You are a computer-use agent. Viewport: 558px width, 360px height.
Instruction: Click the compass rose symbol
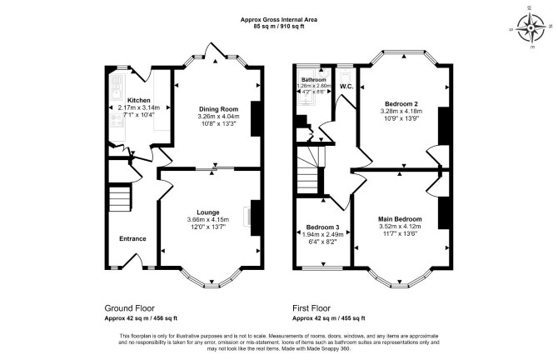click(531, 27)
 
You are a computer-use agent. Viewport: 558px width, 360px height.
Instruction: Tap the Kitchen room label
click(139, 100)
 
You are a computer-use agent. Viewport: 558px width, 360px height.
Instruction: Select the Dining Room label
click(218, 109)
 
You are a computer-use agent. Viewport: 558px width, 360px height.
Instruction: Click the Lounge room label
click(208, 212)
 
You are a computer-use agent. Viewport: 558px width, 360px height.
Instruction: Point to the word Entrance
click(132, 238)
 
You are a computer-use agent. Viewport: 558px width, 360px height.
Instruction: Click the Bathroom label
click(313, 80)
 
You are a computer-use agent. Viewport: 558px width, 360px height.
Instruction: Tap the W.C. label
click(346, 87)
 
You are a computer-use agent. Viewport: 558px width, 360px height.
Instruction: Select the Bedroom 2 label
click(401, 104)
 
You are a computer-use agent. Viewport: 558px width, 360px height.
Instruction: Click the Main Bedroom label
click(400, 219)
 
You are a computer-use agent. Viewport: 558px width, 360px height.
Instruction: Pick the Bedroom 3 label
click(323, 227)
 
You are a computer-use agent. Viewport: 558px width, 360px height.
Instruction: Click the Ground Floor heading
click(130, 308)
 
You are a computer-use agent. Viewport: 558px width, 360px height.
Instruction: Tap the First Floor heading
click(311, 308)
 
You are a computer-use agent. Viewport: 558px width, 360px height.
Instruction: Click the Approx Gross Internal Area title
click(279, 20)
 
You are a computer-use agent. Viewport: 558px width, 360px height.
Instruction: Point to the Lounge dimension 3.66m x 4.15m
click(208, 220)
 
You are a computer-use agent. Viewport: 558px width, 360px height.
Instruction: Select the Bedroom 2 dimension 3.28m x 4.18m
click(401, 111)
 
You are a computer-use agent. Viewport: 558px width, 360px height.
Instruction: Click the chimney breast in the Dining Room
click(256, 118)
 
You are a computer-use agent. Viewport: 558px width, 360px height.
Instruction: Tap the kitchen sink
click(117, 94)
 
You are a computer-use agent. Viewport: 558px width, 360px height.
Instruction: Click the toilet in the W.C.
click(345, 75)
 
